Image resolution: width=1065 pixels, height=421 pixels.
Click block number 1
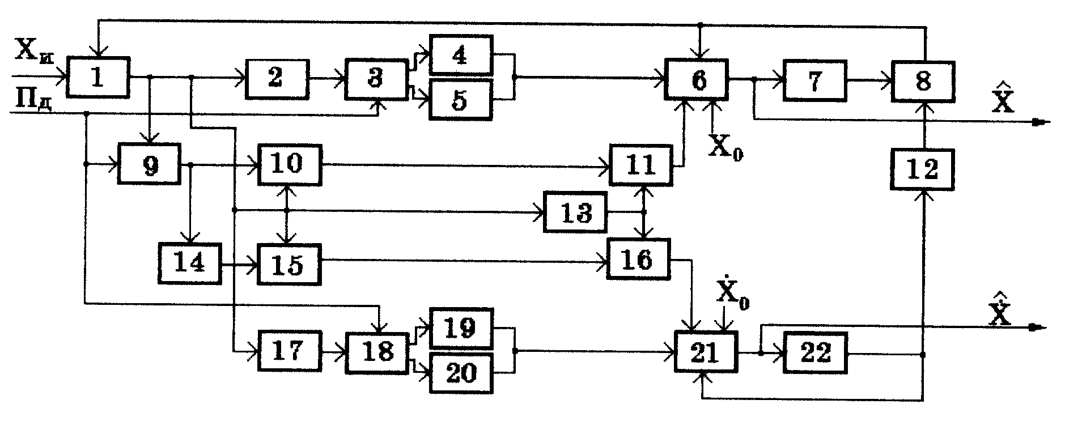point(98,78)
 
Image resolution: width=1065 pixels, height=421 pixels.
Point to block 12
point(923,169)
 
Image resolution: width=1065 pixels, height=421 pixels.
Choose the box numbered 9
point(149,164)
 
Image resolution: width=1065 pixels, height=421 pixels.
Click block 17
point(288,351)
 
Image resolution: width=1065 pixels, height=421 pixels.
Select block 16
point(638,259)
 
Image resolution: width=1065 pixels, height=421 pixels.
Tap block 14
point(190,263)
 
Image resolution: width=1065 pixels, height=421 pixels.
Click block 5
point(460,100)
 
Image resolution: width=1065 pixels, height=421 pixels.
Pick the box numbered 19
point(460,328)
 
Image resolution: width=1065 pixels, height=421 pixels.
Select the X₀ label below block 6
point(725,148)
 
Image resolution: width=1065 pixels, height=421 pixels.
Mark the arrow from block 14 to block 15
point(239,264)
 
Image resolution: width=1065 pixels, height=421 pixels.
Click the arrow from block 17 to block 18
point(333,352)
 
